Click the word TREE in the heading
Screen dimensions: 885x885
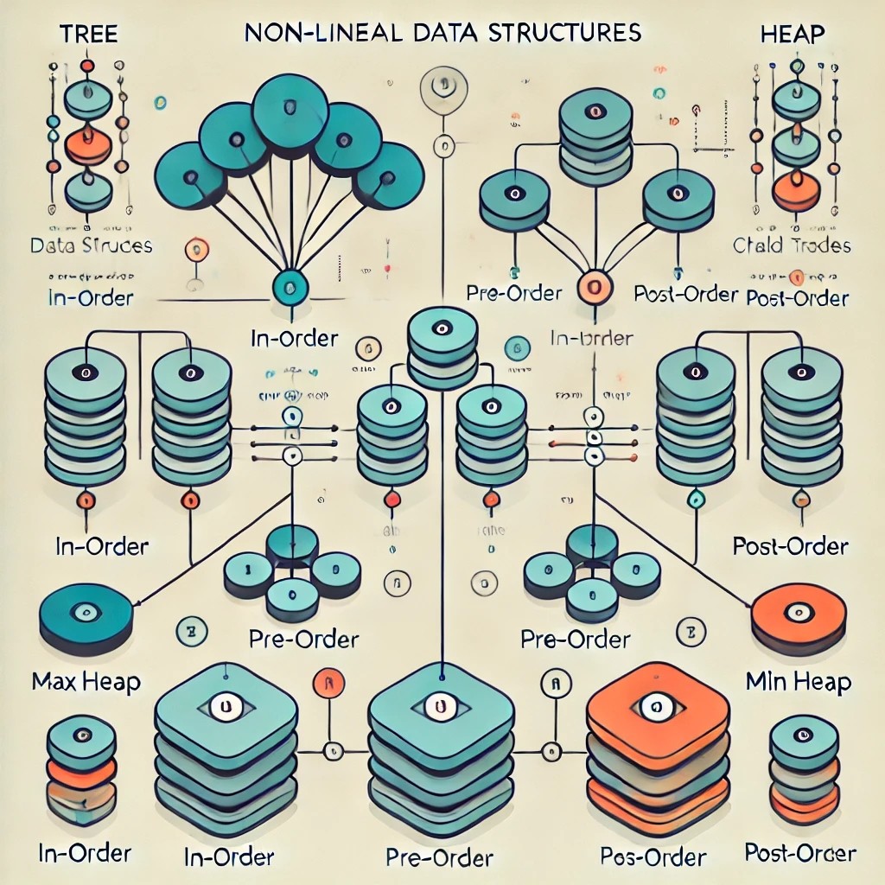pyautogui.click(x=88, y=35)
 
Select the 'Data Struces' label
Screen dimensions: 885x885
pyautogui.click(x=91, y=245)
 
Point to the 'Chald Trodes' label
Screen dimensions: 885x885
pyautogui.click(x=792, y=245)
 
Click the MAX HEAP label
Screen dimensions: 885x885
pyautogui.click(x=86, y=681)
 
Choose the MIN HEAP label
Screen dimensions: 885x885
pyautogui.click(x=797, y=681)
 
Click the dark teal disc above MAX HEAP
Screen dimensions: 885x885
pyautogui.click(x=86, y=615)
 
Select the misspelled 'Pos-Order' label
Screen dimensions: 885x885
pyautogui.click(x=653, y=856)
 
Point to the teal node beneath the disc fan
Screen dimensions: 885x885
pyautogui.click(x=289, y=286)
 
